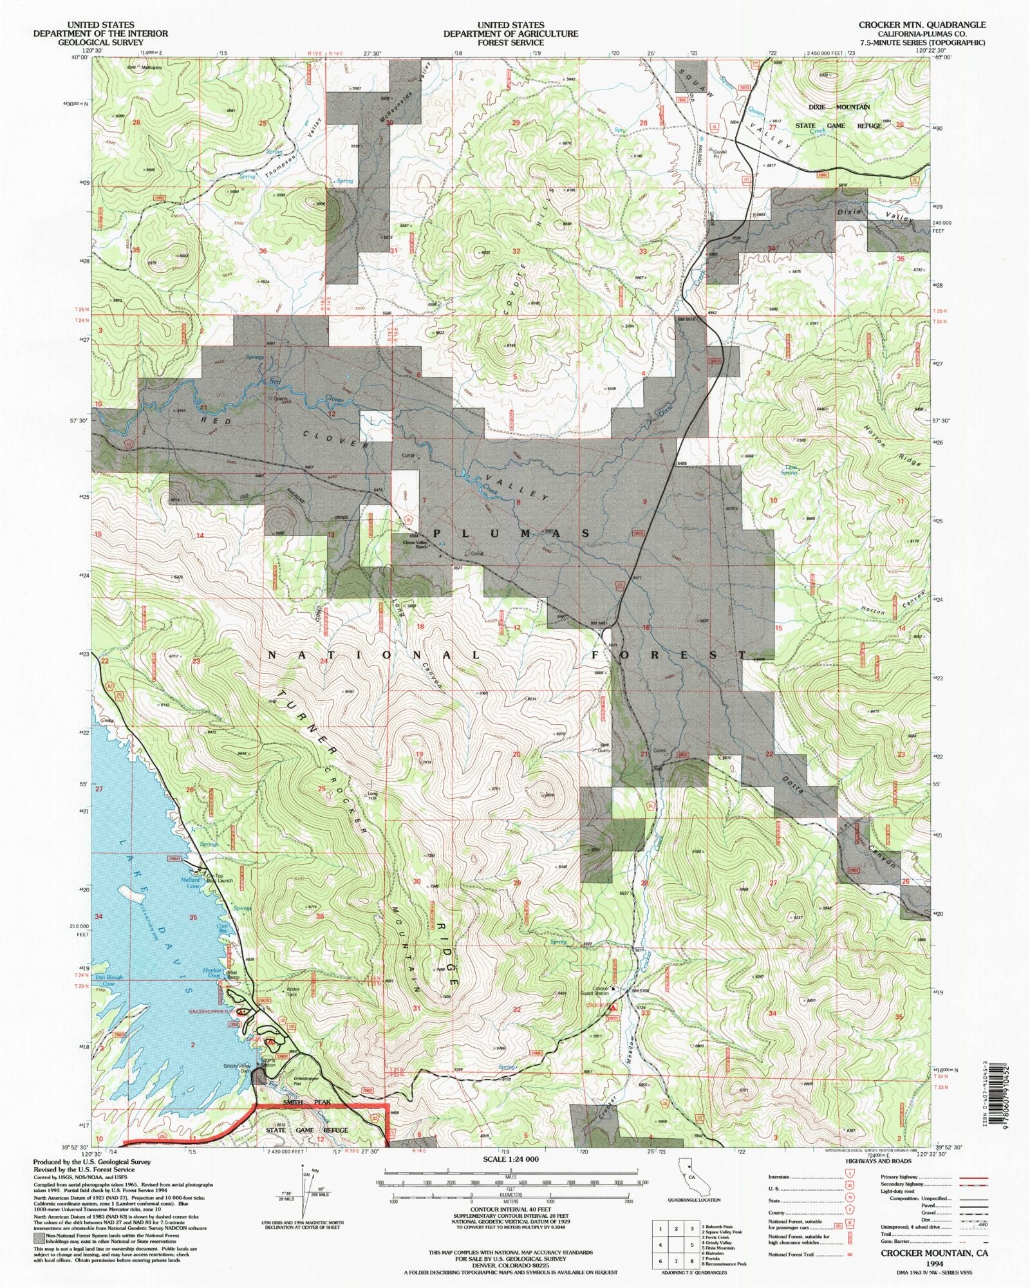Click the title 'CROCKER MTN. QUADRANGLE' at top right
(921, 24)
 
